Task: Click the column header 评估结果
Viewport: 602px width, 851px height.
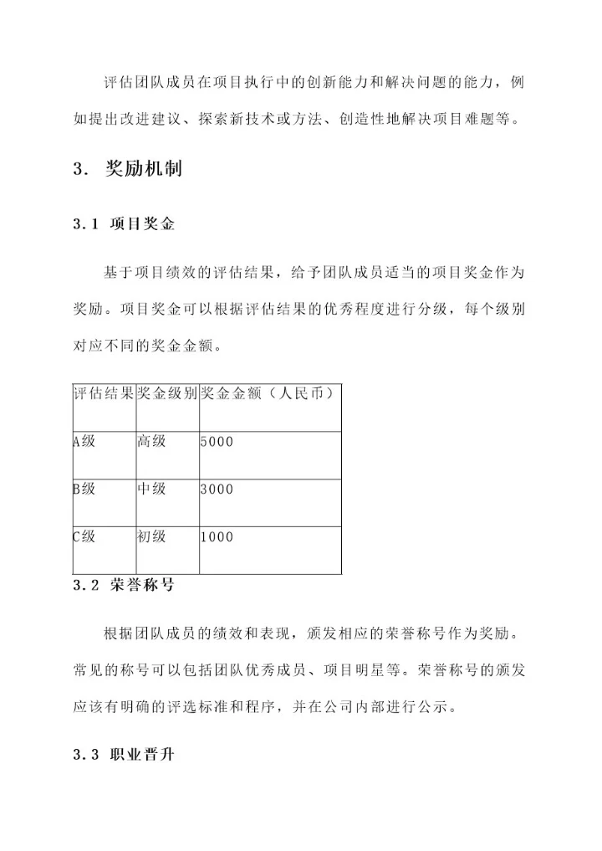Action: click(x=104, y=393)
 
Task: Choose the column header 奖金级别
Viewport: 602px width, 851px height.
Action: click(x=167, y=393)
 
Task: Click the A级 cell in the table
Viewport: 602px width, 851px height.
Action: click(x=84, y=441)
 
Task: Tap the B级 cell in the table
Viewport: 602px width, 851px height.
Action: click(x=84, y=489)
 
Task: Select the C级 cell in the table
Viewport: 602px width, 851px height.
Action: click(x=84, y=536)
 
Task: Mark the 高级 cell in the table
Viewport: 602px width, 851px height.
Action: click(x=151, y=441)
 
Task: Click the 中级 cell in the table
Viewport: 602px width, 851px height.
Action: click(x=151, y=489)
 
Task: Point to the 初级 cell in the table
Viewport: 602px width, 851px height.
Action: click(x=151, y=536)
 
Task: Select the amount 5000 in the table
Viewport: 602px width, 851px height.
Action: click(x=217, y=442)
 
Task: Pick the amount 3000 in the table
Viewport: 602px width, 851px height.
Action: click(x=217, y=490)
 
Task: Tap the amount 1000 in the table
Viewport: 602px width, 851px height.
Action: click(x=217, y=537)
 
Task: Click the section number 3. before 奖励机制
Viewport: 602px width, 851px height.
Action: click(x=80, y=169)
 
